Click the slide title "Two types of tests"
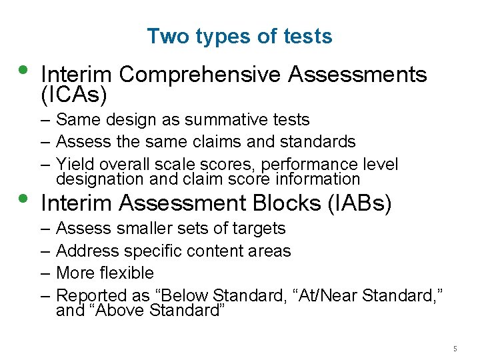point(239,36)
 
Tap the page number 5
point(455,349)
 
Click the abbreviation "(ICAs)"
point(74,95)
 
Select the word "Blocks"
point(293,203)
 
